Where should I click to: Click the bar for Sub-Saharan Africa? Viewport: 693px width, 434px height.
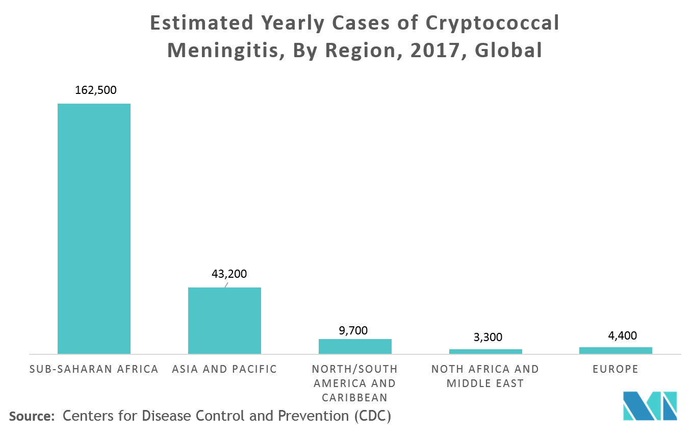pos(94,229)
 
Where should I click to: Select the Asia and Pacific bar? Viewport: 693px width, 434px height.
pos(224,321)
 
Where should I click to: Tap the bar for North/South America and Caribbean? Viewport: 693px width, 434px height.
pos(355,346)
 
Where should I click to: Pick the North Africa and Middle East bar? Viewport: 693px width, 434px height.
pos(485,351)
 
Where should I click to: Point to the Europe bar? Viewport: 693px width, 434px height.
pos(615,350)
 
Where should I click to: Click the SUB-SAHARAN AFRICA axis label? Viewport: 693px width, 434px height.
pos(94,369)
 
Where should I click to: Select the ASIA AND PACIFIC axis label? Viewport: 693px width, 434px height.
pos(224,369)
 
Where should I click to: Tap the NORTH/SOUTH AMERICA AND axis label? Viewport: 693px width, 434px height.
pos(355,376)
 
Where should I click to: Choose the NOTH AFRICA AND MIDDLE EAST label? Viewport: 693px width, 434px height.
pos(485,376)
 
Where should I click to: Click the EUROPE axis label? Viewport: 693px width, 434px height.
pos(615,369)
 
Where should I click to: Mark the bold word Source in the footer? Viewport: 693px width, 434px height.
pos(31,416)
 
